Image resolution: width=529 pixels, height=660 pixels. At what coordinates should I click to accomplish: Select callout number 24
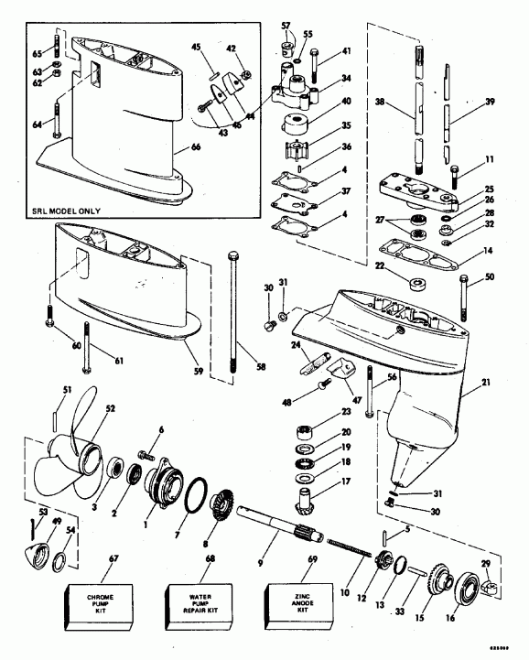297,345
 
